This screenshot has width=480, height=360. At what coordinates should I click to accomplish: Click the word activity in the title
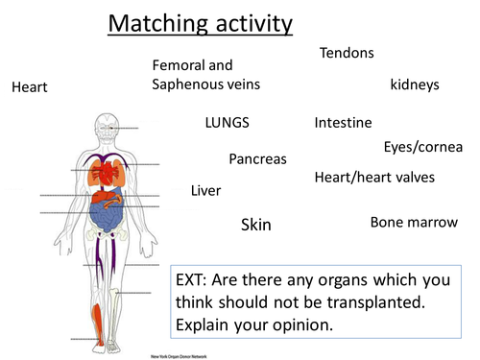(x=245, y=23)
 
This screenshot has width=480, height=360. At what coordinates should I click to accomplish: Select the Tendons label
(x=347, y=53)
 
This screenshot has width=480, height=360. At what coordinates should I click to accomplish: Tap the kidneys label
(x=415, y=85)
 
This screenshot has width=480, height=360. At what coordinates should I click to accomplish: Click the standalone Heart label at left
(x=29, y=87)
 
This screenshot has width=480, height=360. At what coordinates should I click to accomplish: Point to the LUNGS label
(x=228, y=123)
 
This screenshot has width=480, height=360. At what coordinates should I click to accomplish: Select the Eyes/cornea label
(x=422, y=147)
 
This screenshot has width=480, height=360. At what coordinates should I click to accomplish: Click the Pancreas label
(x=257, y=158)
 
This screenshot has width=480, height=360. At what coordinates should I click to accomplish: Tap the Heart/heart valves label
(x=374, y=177)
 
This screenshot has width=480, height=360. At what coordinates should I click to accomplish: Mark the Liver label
(x=205, y=190)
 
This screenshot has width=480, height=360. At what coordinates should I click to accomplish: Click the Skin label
(x=255, y=225)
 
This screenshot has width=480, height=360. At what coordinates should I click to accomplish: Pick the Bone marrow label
(x=414, y=223)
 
